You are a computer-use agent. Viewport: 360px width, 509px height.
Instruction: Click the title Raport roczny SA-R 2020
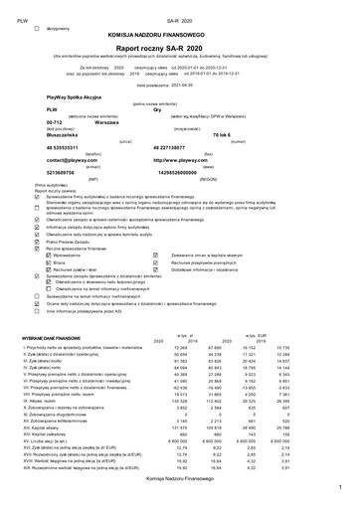coord(179,45)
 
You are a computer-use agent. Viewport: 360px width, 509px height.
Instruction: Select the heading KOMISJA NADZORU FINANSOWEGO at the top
coord(179,33)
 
